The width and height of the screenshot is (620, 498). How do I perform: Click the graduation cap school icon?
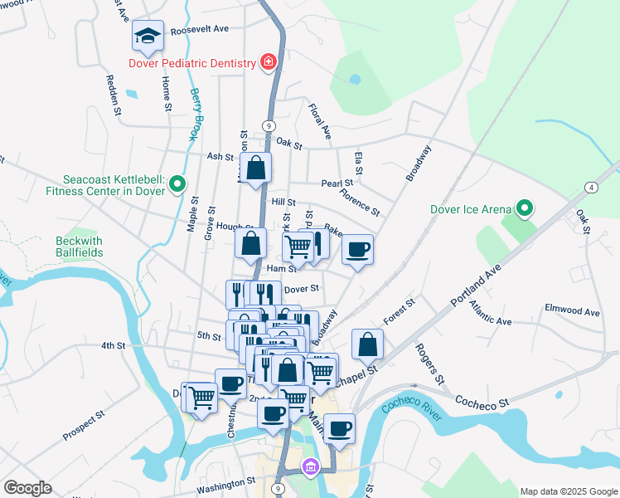pyautogui.click(x=148, y=37)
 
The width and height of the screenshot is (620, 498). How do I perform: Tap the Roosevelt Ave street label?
pyautogui.click(x=199, y=29)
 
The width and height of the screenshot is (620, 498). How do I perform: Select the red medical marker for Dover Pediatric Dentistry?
pyautogui.click(x=268, y=62)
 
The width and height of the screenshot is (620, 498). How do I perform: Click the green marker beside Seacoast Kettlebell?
pyautogui.click(x=177, y=183)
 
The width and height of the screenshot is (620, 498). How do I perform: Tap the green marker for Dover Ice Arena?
pyautogui.click(x=524, y=208)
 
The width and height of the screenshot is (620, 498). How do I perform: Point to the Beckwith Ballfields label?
pyautogui.click(x=80, y=246)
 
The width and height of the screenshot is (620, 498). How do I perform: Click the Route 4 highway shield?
pyautogui.click(x=590, y=188)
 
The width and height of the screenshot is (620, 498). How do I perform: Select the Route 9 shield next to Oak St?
pyautogui.click(x=269, y=124)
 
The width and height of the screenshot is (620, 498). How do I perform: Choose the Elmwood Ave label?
pyautogui.click(x=571, y=312)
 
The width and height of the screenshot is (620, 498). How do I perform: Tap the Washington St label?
pyautogui.click(x=226, y=482)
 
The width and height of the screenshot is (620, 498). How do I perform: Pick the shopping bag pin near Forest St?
pyautogui.click(x=367, y=344)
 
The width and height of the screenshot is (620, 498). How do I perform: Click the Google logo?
pyautogui.click(x=27, y=488)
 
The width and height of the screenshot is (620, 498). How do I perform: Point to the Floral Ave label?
pyautogui.click(x=320, y=120)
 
